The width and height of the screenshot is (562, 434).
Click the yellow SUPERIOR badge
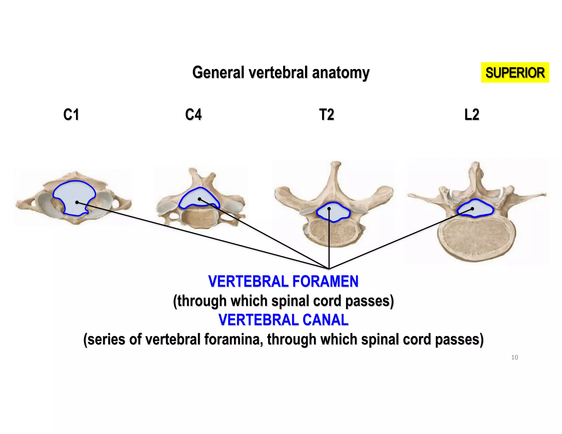coord(515,72)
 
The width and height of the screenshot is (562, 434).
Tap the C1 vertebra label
coord(71,114)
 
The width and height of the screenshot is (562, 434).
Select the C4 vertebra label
coord(193,114)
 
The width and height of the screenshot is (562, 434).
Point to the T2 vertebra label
coord(327,114)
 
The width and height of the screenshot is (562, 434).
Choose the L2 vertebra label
coord(472,114)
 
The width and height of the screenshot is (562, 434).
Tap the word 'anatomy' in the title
coord(341,73)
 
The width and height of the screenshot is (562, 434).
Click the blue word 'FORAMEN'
coord(325,281)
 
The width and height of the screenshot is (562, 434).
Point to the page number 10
coord(515,357)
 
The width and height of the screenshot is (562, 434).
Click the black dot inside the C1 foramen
coord(77,202)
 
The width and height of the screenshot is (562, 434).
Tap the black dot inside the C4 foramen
coord(199,199)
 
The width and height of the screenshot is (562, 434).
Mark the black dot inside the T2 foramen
coord(329,209)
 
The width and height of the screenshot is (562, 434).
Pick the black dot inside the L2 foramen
coord(472,209)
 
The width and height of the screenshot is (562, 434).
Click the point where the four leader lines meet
coord(329,269)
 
